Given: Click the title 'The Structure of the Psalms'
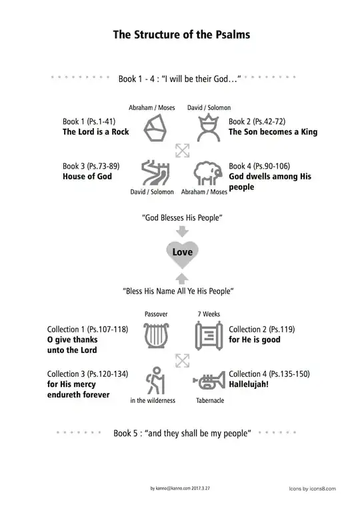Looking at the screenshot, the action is tap(180, 35).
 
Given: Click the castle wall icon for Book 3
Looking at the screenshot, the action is tap(155, 172).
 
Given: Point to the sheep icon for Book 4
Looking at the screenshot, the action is tap(207, 173).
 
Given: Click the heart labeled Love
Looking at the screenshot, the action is tap(182, 253).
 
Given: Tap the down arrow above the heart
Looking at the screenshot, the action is tap(182, 231).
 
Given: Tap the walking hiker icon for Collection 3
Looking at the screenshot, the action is tap(155, 380).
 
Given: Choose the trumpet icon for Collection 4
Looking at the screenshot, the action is tap(207, 381).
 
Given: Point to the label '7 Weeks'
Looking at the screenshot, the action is tap(208, 313).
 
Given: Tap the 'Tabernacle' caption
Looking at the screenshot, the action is tap(210, 400).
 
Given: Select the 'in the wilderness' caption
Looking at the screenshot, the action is tap(153, 400).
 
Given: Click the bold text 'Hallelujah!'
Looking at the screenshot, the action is tap(249, 385).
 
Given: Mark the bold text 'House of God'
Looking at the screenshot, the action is tap(87, 177).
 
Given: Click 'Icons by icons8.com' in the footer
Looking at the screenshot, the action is tap(312, 488).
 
